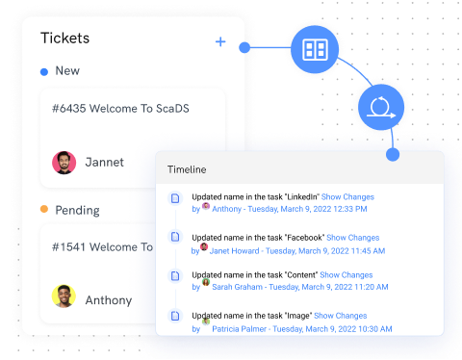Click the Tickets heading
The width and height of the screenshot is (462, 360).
pyautogui.click(x=65, y=39)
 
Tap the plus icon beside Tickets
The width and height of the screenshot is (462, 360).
pyautogui.click(x=220, y=41)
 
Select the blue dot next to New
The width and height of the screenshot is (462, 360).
pyautogui.click(x=44, y=71)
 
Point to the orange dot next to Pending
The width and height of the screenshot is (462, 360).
pyautogui.click(x=44, y=210)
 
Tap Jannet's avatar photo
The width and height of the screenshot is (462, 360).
pyautogui.click(x=64, y=162)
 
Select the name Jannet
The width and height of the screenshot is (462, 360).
pyautogui.click(x=104, y=163)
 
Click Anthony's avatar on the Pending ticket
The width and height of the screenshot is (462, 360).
pyautogui.click(x=64, y=296)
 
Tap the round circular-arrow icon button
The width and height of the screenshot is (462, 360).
pyautogui.click(x=380, y=107)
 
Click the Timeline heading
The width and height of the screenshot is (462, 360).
pyautogui.click(x=187, y=169)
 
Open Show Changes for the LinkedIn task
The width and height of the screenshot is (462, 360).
pyautogui.click(x=347, y=196)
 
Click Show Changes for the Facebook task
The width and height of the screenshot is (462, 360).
pyautogui.click(x=353, y=237)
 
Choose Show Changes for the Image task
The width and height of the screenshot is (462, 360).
pyautogui.click(x=341, y=315)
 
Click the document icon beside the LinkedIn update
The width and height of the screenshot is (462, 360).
pyautogui.click(x=175, y=198)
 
